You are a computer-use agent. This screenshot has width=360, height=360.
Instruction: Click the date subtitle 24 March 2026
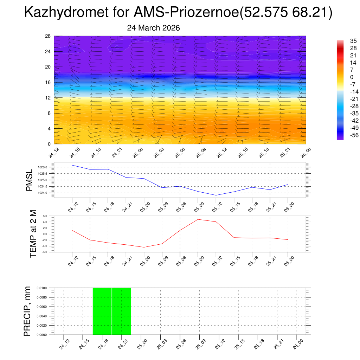(x=153, y=28)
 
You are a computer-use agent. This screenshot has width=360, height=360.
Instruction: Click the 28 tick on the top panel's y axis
(x=48, y=36)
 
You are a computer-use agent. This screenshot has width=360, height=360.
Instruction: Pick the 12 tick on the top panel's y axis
(x=48, y=98)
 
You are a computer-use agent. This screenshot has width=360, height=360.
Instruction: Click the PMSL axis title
(x=30, y=180)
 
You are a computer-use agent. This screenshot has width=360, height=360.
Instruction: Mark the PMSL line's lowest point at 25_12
(x=216, y=195)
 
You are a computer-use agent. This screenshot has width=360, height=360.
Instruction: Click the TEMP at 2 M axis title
(x=33, y=234)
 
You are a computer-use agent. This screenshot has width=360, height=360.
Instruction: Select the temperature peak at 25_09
(x=198, y=219)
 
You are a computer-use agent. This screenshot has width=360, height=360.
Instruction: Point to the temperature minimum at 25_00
(x=144, y=247)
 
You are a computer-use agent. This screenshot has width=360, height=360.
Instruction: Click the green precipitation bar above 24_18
(x=102, y=311)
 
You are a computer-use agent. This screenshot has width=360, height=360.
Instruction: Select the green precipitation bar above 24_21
(x=122, y=311)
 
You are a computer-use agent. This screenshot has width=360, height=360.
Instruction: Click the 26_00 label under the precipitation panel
(x=297, y=344)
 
